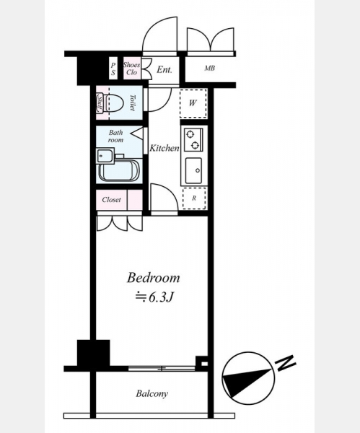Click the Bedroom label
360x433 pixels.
[153, 278]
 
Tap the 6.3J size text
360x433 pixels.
[154, 297]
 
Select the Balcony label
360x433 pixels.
[152, 393]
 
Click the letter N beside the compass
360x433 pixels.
[286, 363]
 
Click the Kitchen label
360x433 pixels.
[164, 148]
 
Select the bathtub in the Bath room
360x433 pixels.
[119, 170]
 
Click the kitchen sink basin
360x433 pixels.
[193, 170]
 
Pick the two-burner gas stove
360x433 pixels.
[193, 140]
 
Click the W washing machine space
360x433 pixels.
[193, 103]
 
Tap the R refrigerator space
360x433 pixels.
[194, 198]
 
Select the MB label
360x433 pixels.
[209, 68]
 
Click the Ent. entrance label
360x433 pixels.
[164, 69]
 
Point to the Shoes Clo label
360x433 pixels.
[132, 69]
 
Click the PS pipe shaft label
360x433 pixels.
[113, 69]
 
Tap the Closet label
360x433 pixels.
[111, 199]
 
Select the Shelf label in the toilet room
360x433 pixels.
[100, 103]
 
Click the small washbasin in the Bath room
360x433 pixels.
[104, 156]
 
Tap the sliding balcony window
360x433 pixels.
[162, 368]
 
